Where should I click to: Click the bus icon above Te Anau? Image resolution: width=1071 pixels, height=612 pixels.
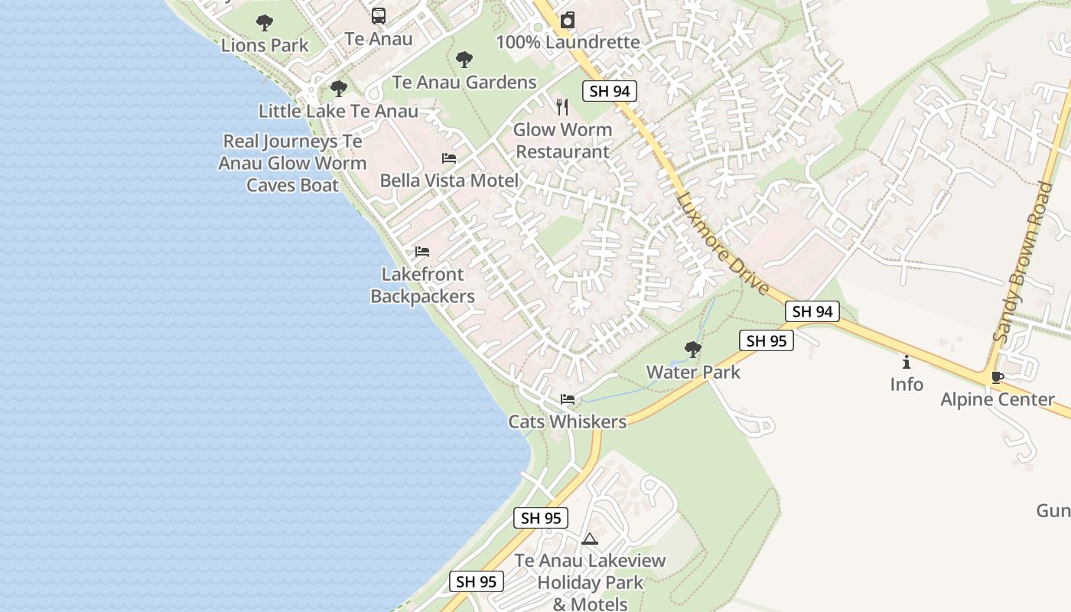click(379, 15)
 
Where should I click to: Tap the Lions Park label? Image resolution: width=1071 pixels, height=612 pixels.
click(265, 45)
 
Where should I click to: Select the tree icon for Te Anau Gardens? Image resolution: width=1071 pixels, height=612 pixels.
click(464, 60)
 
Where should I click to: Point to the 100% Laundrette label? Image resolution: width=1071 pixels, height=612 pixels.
click(568, 42)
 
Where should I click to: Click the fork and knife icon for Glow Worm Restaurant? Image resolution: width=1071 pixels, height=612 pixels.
click(563, 107)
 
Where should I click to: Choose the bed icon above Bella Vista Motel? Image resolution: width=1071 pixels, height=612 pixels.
click(449, 158)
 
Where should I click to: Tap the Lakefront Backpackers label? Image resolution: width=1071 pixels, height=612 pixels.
click(422, 285)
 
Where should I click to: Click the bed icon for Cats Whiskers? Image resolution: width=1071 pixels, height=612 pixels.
click(568, 399)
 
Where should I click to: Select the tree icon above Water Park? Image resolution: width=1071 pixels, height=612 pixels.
click(693, 350)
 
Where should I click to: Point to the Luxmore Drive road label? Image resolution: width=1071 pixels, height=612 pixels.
click(721, 244)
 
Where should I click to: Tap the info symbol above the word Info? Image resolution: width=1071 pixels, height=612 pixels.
click(907, 362)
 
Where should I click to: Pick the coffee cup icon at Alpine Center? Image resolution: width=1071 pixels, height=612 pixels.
click(997, 377)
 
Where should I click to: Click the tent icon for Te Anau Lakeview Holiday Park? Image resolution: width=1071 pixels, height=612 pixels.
click(589, 539)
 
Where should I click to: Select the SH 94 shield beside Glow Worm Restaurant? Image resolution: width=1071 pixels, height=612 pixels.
click(610, 92)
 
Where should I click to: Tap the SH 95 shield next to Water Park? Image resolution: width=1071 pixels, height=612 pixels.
click(767, 341)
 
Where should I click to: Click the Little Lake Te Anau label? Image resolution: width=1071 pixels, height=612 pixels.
click(338, 111)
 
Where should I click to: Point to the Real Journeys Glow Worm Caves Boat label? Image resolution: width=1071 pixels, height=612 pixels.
click(292, 163)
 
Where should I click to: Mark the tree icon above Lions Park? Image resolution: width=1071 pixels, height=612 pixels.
click(265, 22)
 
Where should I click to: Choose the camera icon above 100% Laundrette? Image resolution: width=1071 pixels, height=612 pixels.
click(568, 20)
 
